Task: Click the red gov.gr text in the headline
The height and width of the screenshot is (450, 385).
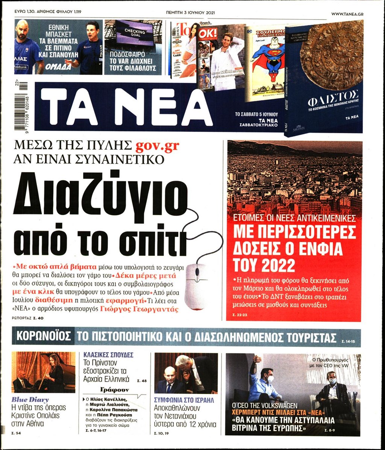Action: click(x=158, y=146)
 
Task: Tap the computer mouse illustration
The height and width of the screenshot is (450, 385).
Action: click(x=196, y=286)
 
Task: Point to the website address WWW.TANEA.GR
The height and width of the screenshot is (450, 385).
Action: click(x=350, y=14)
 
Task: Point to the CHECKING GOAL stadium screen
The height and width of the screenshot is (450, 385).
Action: click(x=135, y=32)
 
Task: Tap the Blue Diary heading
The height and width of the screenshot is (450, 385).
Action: click(x=30, y=400)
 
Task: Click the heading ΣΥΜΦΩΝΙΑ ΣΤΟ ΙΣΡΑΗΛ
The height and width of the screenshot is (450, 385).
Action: click(x=184, y=400)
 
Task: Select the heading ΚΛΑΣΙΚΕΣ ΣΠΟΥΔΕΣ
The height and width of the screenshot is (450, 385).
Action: click(x=108, y=355)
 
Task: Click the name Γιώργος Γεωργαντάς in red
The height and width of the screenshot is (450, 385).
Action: click(x=139, y=309)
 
